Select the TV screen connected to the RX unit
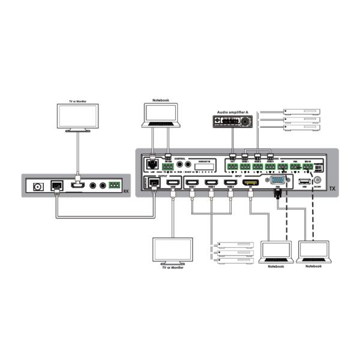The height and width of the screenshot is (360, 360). coord(77,117)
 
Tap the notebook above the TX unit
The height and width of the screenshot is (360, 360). coord(161,115)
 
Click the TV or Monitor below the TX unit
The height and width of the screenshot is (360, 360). coord(173,250)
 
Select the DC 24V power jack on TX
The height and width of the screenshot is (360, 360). coord(317,180)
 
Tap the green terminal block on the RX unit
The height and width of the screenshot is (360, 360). coord(115,185)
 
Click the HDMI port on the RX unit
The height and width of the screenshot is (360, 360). coord(77,185)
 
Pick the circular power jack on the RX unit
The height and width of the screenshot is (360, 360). coord(40,186)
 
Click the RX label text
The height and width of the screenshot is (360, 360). coord(125,190)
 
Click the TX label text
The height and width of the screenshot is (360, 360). coord(332,188)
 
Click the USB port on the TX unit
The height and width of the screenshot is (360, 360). coord(303,181)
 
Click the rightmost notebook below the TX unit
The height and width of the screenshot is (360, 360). coord(313,251)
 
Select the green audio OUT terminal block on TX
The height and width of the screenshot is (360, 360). coord(232,166)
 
